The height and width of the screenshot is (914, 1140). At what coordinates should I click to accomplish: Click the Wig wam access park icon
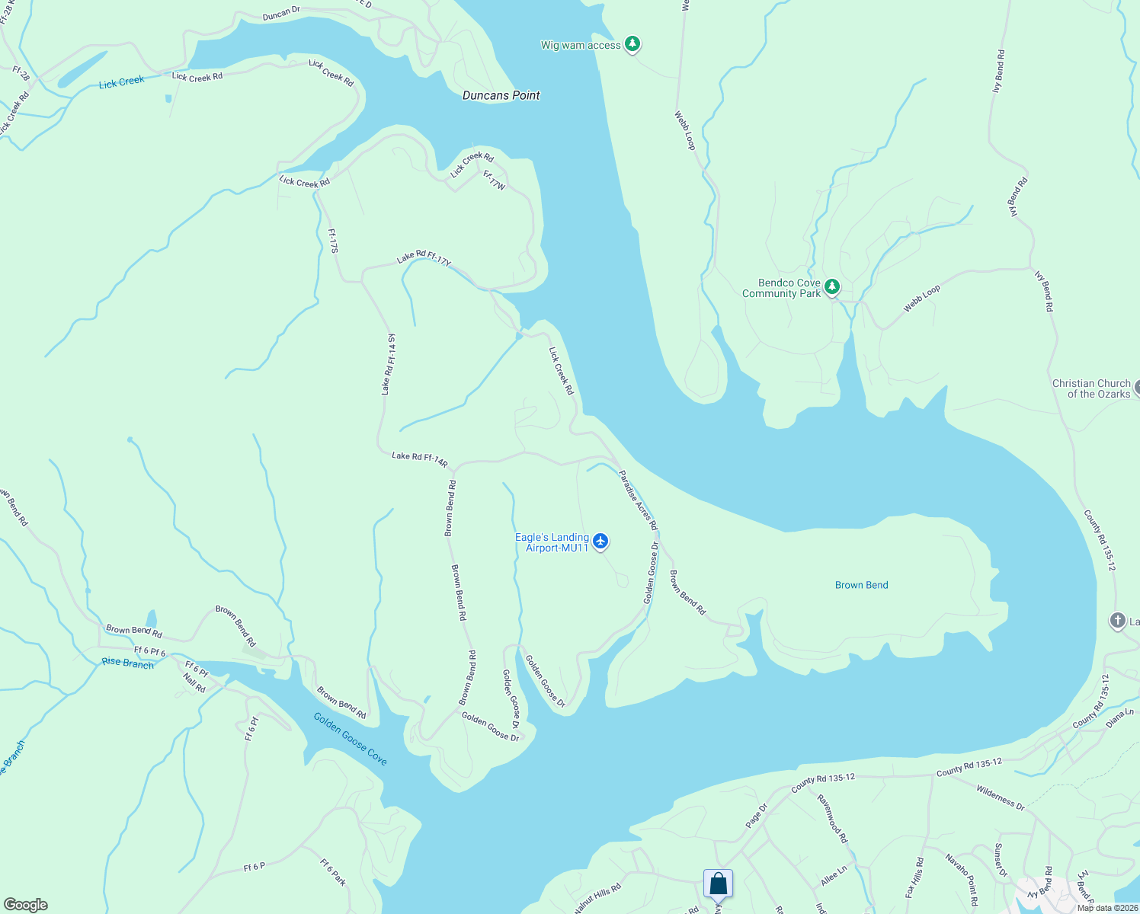point(632,44)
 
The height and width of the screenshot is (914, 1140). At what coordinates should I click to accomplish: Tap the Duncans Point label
point(501,95)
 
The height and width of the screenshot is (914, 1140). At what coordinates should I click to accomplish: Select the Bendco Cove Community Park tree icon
point(833,287)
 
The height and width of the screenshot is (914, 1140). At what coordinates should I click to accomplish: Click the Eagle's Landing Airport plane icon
point(601,542)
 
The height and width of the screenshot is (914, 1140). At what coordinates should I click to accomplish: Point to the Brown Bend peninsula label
point(861,585)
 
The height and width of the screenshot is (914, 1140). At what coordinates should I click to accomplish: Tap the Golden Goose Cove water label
point(351,739)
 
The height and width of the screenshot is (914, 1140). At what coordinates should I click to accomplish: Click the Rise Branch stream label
point(128,663)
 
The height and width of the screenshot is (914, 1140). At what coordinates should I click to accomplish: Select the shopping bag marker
point(718,884)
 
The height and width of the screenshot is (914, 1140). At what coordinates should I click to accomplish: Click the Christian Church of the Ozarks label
point(1091,388)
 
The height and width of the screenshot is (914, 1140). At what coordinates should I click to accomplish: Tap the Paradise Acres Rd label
point(638,500)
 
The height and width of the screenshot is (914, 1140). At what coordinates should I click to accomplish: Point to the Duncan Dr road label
point(281,14)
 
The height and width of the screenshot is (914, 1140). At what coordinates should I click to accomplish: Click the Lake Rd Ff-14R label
point(419,459)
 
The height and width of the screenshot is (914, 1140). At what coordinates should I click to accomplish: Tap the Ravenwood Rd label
point(832,818)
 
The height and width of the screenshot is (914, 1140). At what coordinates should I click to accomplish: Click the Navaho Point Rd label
point(962,880)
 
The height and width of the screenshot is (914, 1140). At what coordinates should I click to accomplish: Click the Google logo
point(26,905)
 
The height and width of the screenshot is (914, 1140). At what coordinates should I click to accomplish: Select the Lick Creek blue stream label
point(121,82)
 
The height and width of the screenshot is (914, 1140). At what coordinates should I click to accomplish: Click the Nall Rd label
point(194,682)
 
